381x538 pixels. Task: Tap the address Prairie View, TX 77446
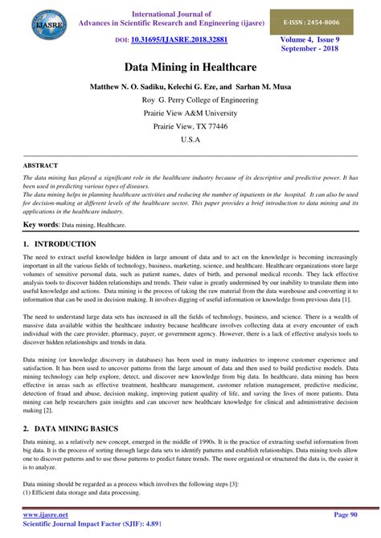(x=190, y=126)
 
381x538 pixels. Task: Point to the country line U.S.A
(x=190, y=140)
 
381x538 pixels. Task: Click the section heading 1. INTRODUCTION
(x=60, y=243)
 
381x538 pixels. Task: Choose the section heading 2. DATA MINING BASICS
(x=76, y=430)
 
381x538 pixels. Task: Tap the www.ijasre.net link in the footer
(x=46, y=515)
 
